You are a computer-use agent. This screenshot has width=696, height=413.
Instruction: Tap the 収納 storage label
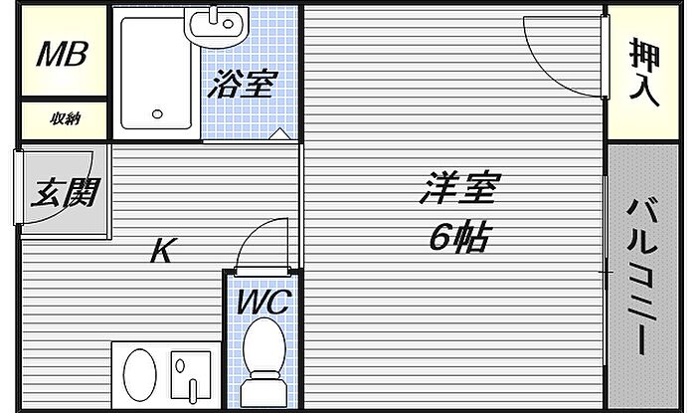click(x=65, y=119)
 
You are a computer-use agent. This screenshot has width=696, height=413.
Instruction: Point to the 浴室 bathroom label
click(x=239, y=86)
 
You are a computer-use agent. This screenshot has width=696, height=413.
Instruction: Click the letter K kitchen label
click(x=162, y=251)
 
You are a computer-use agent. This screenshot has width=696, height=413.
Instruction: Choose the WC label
click(x=262, y=303)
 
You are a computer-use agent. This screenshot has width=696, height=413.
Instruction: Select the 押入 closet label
click(x=643, y=71)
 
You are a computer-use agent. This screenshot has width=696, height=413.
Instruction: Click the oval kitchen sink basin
click(x=141, y=377)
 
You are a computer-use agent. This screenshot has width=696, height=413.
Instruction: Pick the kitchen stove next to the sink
click(x=191, y=377)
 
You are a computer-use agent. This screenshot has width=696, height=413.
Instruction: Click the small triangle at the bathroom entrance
click(x=281, y=133)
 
